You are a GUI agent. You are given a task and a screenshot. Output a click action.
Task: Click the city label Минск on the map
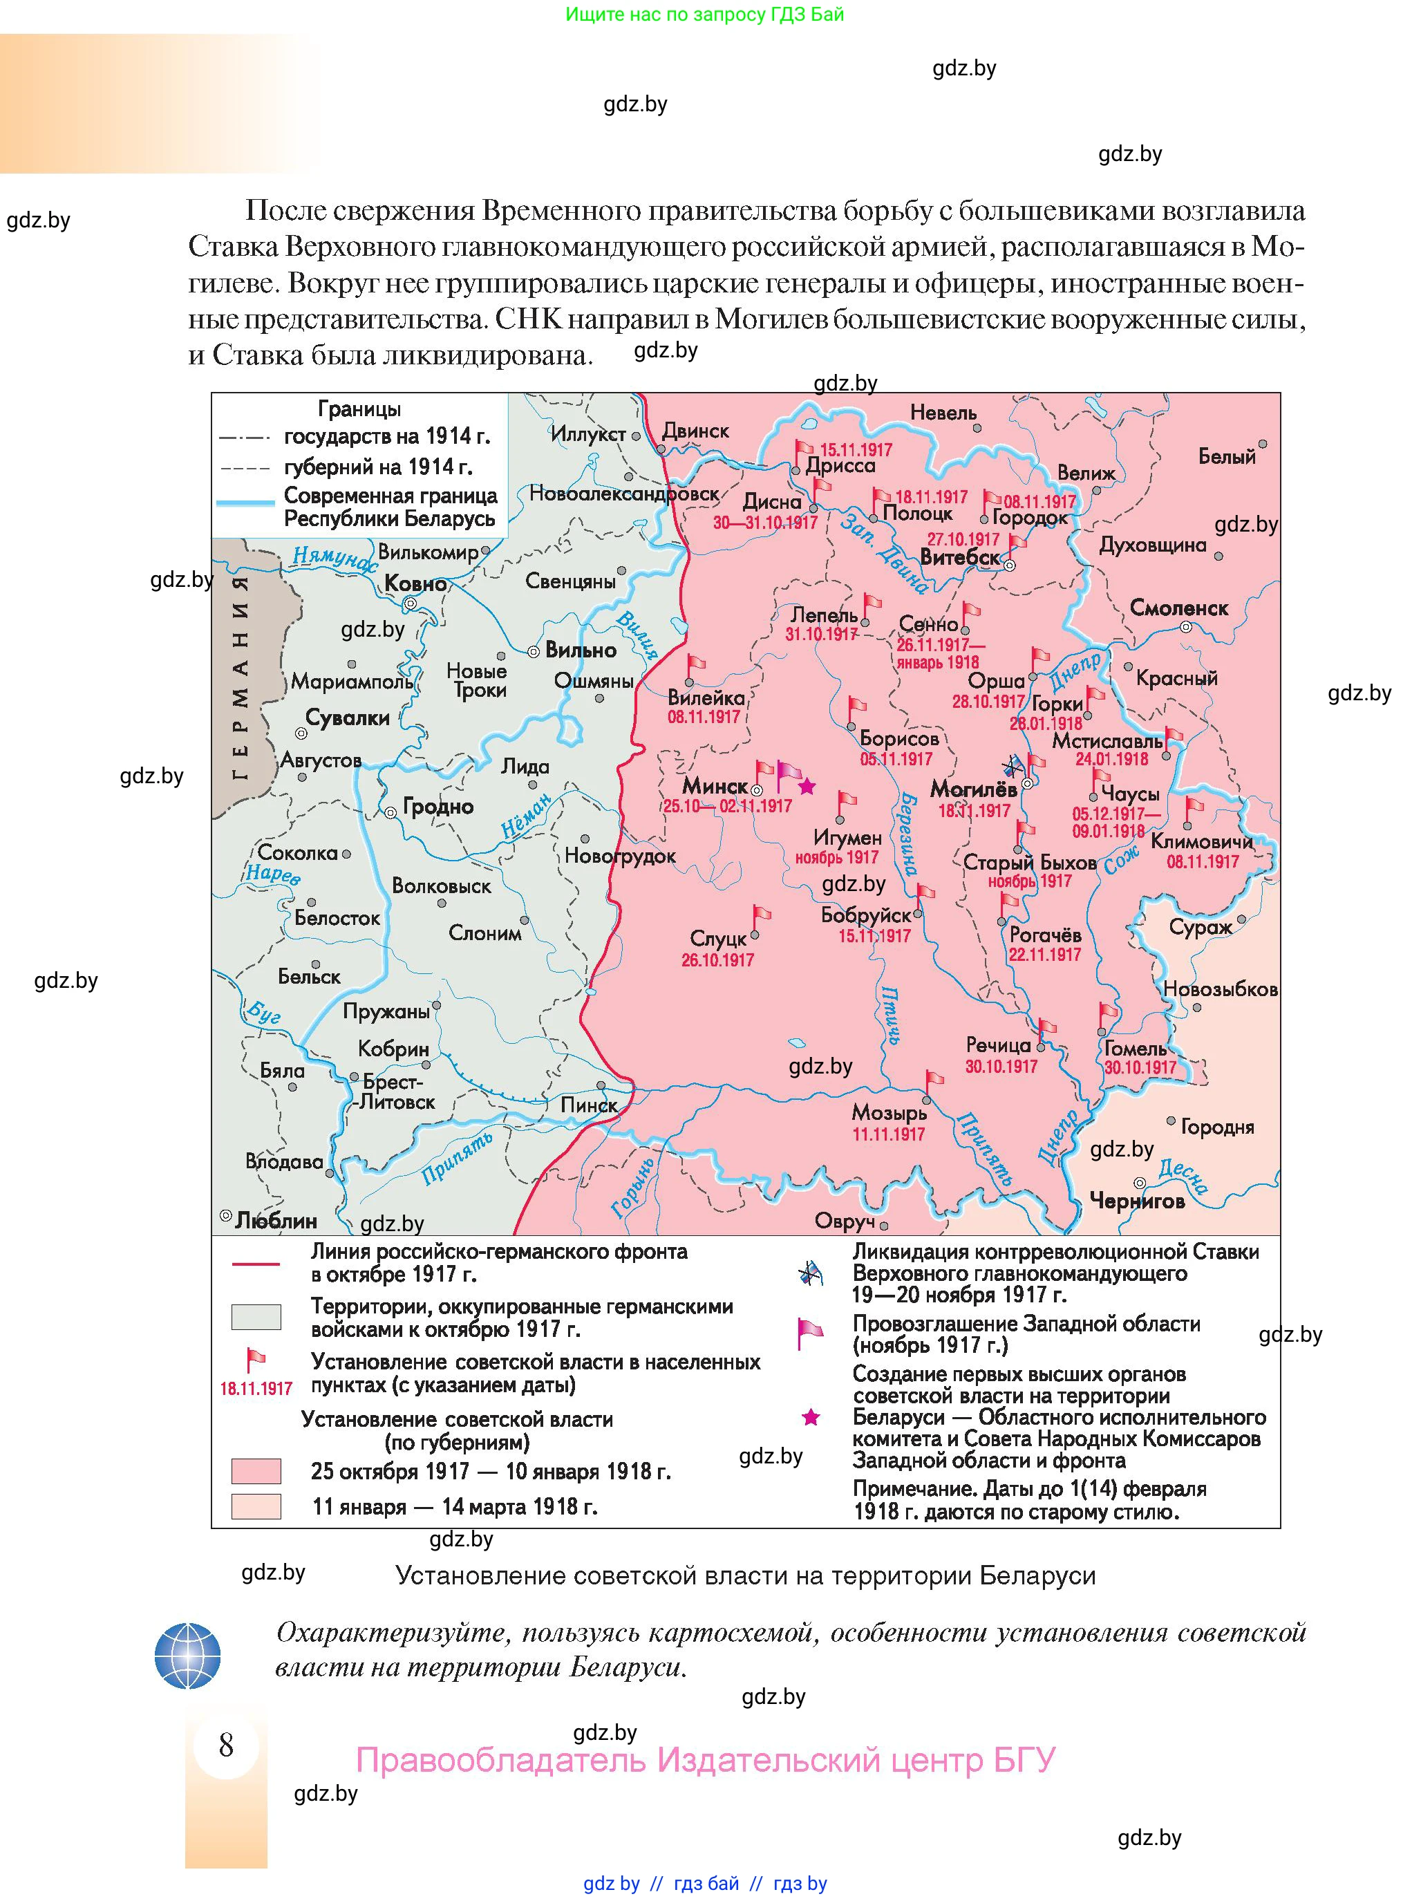coord(715,785)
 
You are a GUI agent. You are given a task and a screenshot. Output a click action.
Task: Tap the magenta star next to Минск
coord(806,785)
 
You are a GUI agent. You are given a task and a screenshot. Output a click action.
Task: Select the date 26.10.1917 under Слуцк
coord(717,960)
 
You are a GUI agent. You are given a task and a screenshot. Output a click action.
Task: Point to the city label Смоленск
coord(1178,608)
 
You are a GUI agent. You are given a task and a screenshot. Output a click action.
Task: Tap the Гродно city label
coord(437,806)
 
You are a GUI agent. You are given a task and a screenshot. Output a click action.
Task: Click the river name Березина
coord(907,834)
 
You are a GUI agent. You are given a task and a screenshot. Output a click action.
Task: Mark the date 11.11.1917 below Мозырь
coord(888,1134)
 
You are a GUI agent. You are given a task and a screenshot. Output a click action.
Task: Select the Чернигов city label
coord(1137,1201)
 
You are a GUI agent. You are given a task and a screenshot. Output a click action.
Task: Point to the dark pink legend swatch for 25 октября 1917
coord(256,1471)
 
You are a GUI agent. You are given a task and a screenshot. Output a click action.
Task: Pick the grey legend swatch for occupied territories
coord(256,1317)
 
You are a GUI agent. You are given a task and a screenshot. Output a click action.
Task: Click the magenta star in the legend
coord(810,1418)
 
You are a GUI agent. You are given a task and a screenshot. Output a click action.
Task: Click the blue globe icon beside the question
coord(187,1656)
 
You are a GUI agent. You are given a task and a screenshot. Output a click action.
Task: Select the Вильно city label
coord(581,650)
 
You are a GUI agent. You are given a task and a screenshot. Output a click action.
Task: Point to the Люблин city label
coord(275,1221)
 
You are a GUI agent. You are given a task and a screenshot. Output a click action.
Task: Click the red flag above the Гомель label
coord(1108,1015)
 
